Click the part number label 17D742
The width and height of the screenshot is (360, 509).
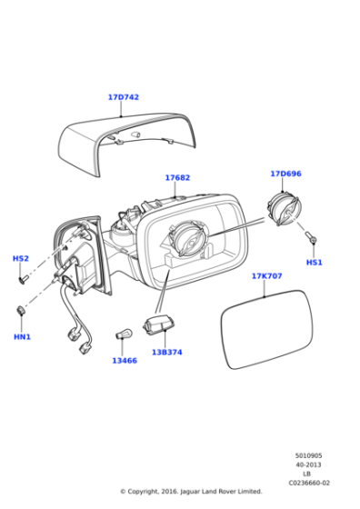(123, 96)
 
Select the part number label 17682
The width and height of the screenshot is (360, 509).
(177, 178)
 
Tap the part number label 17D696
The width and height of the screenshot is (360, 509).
(285, 173)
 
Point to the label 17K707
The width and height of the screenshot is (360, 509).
(266, 275)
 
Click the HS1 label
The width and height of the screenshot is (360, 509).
(315, 263)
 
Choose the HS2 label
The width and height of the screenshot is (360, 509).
(20, 259)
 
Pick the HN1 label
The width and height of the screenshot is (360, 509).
(22, 337)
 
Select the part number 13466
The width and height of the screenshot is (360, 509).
(125, 361)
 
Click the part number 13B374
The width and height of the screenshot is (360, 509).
(166, 352)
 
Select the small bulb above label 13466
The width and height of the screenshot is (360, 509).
(124, 338)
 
